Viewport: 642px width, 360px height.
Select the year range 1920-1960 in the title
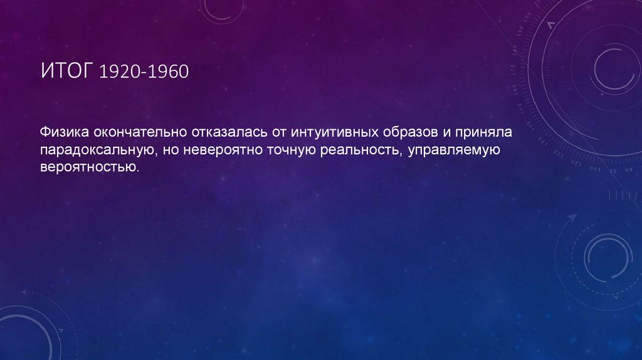point(144,71)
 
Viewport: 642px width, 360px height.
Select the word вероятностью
point(88,167)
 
